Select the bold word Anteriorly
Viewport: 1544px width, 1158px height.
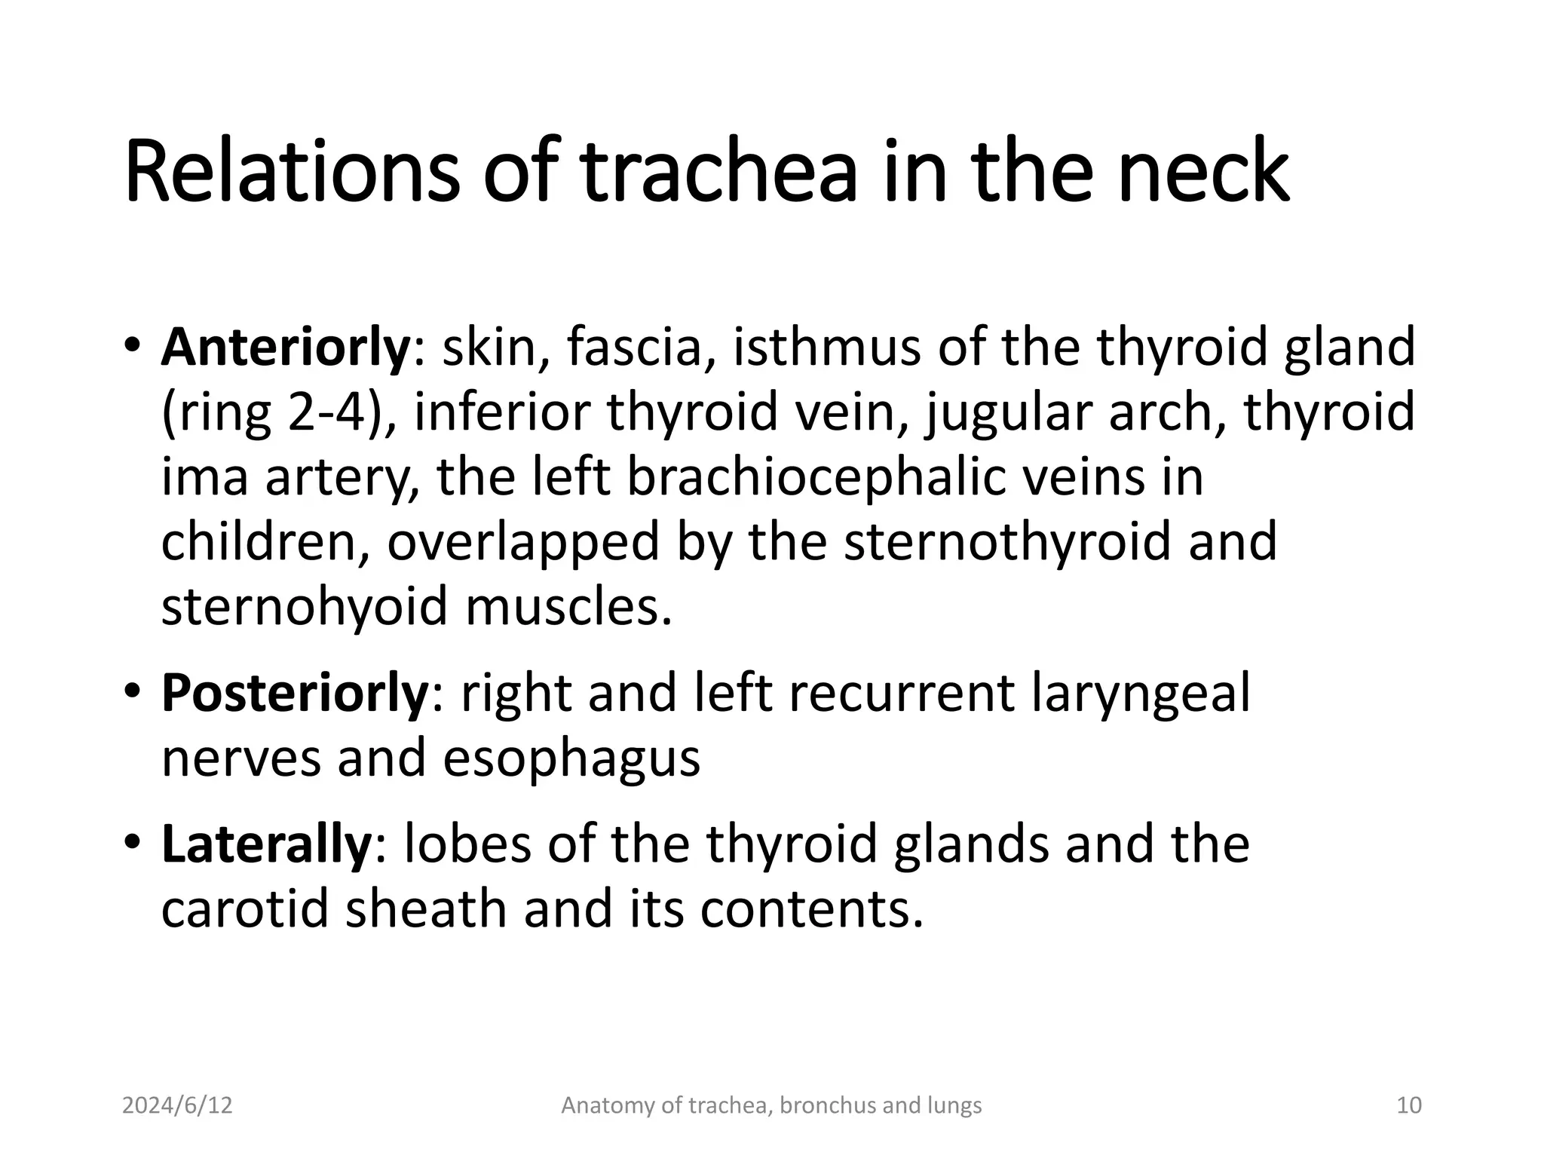pos(284,348)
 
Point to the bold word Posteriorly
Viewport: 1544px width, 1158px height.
pos(294,694)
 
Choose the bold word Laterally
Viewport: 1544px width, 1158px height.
pos(265,844)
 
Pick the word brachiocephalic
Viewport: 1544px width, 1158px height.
pos(816,478)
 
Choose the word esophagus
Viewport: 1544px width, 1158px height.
pos(571,758)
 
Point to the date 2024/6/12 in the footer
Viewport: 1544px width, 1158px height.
pos(177,1106)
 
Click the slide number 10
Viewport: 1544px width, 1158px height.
pos(1409,1106)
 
